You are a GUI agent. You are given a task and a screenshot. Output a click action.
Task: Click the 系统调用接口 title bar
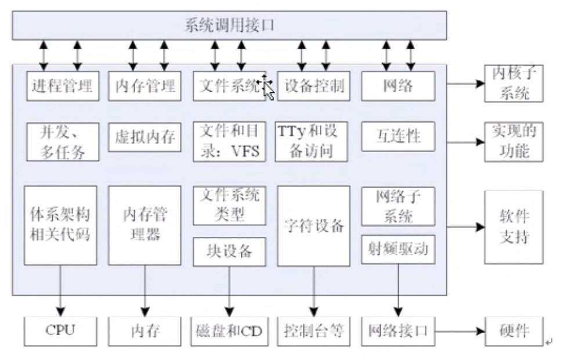229,26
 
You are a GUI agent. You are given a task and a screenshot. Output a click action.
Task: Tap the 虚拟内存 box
145,136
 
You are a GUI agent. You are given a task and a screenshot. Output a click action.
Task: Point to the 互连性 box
398,136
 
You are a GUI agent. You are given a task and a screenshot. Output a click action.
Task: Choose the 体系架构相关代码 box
60,225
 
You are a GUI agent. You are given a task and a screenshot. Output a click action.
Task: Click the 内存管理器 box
145,225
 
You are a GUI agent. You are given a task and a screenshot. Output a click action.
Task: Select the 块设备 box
229,251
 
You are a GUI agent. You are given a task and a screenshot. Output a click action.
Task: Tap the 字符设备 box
314,225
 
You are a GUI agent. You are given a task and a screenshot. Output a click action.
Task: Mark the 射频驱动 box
398,249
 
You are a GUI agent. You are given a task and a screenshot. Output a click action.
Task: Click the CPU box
60,331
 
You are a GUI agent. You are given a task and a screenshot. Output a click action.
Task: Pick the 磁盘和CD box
229,332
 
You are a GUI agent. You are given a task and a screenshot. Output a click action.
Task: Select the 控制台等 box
314,332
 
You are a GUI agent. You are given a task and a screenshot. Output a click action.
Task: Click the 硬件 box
514,331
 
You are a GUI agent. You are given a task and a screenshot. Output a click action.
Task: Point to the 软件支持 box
514,227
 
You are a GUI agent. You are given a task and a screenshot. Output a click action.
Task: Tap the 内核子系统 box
514,84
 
